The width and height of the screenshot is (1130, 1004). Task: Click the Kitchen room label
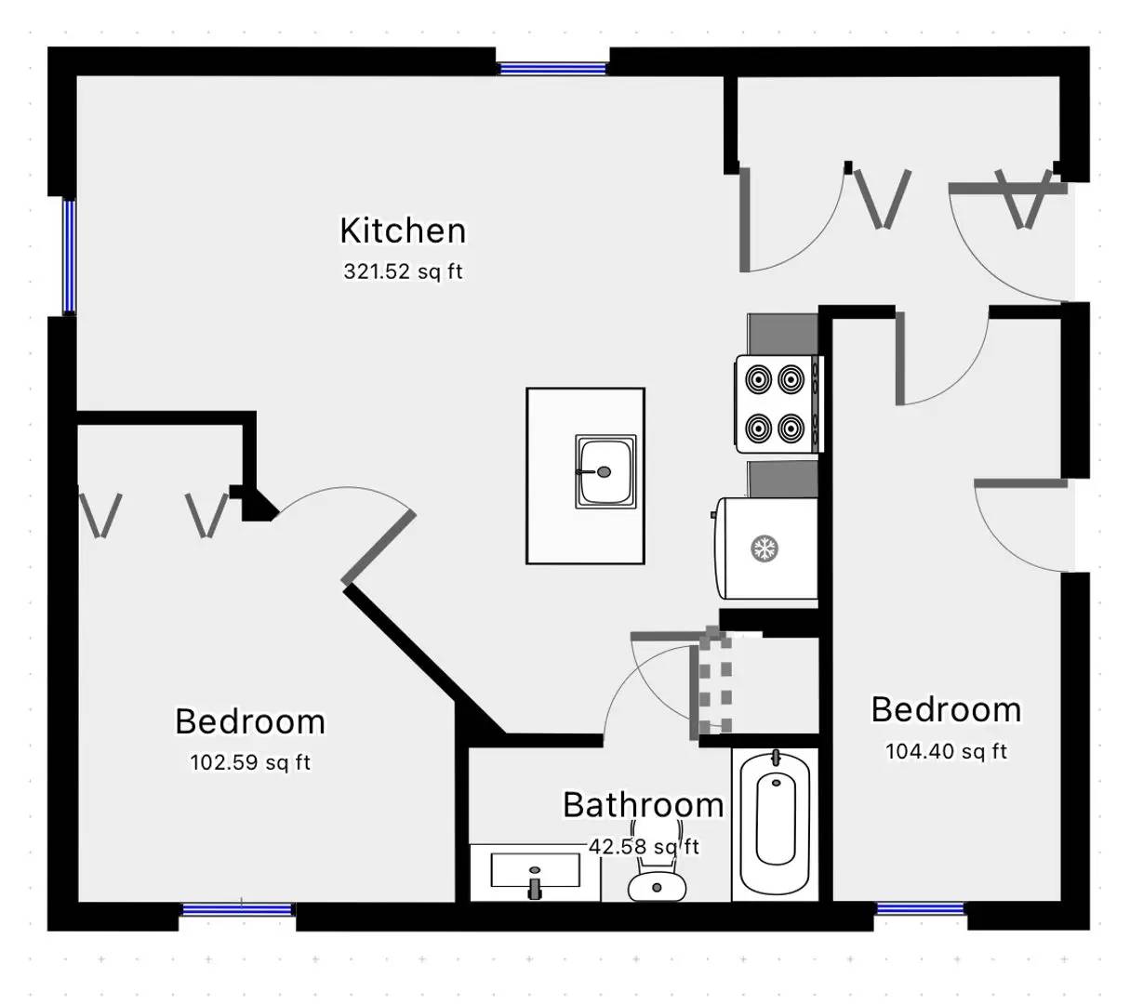click(402, 231)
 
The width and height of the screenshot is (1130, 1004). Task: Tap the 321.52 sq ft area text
click(402, 272)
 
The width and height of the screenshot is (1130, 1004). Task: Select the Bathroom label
click(643, 805)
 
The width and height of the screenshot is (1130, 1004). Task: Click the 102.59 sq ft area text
click(249, 763)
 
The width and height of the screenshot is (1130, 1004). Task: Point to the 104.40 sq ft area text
click(945, 751)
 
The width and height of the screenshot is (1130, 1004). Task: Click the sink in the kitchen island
click(605, 471)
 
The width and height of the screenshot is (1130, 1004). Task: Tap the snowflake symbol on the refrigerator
click(764, 548)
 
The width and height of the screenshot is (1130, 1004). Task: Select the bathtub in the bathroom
click(776, 823)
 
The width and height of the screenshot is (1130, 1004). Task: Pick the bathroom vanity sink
click(535, 873)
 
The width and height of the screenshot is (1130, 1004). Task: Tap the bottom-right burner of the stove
click(791, 429)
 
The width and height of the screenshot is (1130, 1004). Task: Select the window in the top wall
click(552, 68)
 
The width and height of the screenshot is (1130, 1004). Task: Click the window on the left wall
click(69, 257)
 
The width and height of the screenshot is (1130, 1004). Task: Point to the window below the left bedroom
click(237, 910)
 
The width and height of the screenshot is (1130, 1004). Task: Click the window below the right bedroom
click(920, 909)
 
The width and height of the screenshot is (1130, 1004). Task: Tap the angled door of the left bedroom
click(379, 548)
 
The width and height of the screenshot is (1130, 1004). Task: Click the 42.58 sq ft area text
click(643, 847)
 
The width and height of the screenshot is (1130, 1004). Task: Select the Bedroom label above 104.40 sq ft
click(945, 710)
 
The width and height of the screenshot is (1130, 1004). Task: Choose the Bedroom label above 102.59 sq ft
click(249, 721)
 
